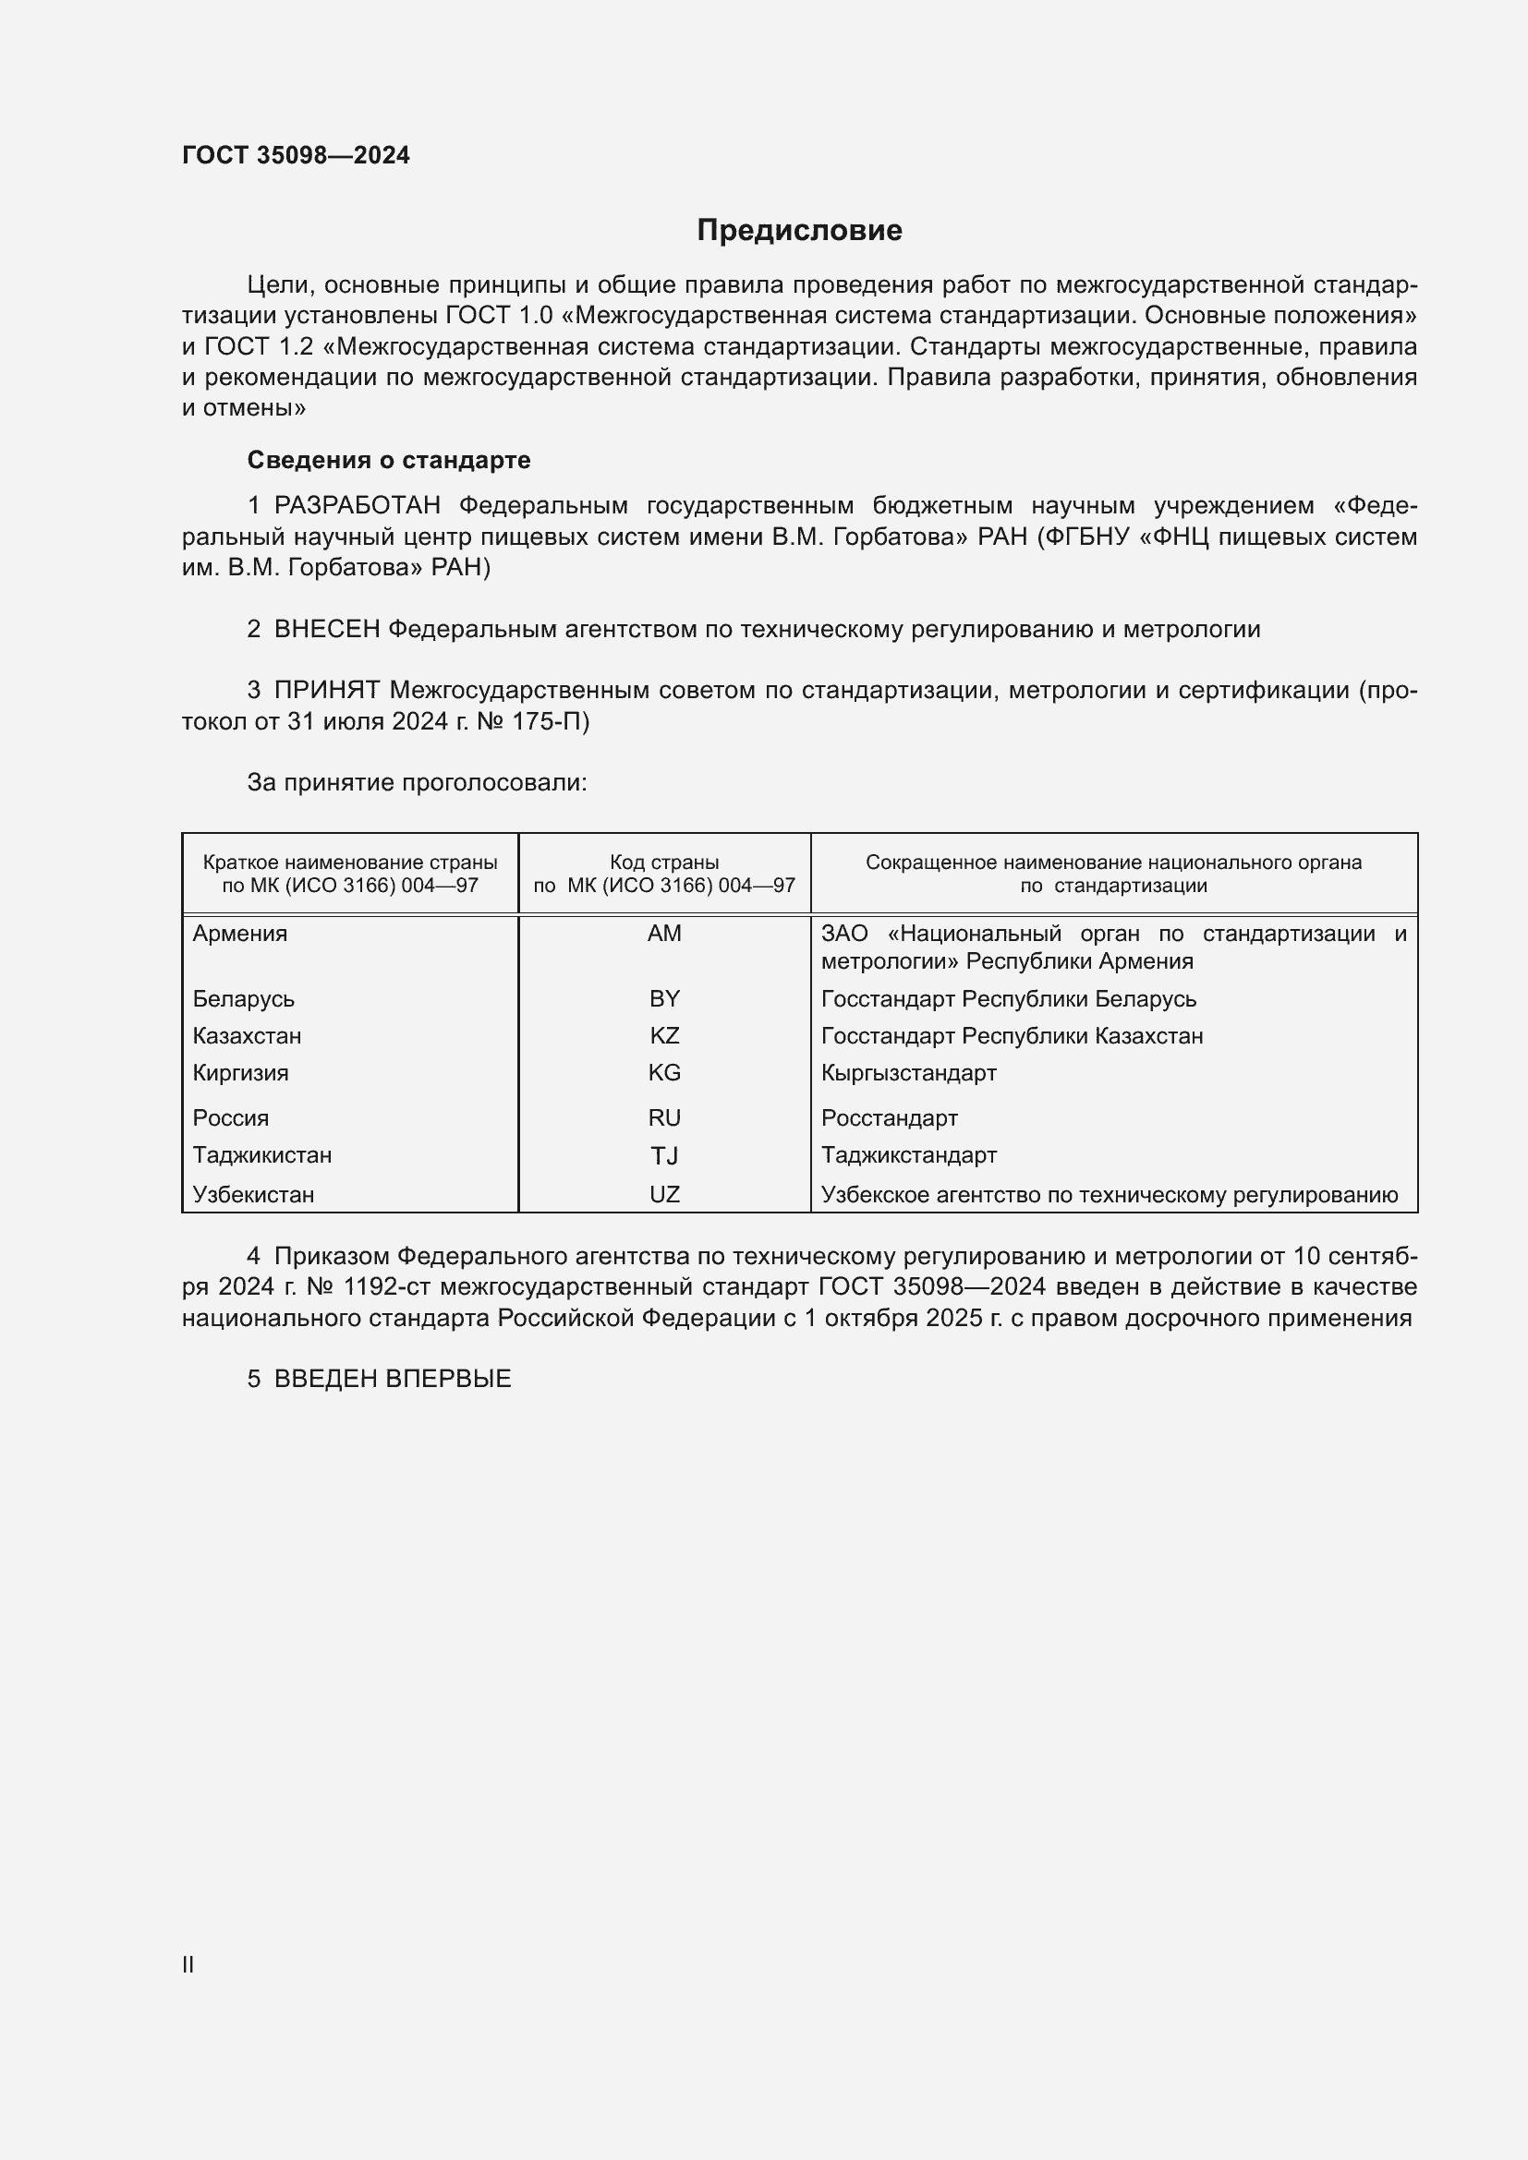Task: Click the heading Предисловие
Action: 799,231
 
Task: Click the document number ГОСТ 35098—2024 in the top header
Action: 296,155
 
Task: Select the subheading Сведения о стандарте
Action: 389,460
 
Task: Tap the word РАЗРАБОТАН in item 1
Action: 358,506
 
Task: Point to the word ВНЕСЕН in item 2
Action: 326,630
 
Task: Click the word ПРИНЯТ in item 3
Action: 326,691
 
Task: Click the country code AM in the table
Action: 664,934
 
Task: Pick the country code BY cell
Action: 664,998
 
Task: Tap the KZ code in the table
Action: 664,1036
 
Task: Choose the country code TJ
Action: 664,1155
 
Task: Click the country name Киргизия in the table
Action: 241,1072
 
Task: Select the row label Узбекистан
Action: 253,1195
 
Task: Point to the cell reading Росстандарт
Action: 889,1117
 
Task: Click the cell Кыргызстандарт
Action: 909,1072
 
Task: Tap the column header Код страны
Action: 664,862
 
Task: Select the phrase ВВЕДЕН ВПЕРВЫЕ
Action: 393,1379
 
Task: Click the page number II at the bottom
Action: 188,1964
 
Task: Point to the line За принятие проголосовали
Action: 417,783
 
